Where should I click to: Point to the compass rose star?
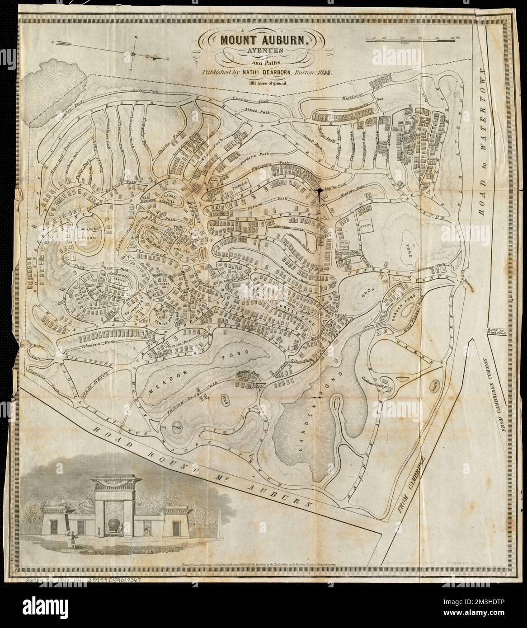pyautogui.click(x=134, y=54)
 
